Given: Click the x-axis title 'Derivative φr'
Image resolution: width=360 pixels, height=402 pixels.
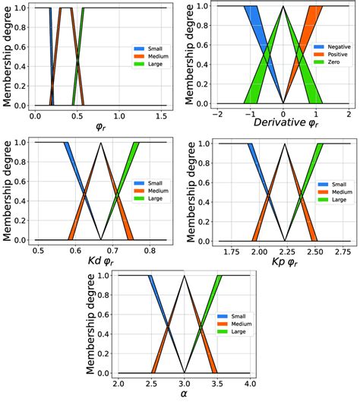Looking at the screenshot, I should (281, 124).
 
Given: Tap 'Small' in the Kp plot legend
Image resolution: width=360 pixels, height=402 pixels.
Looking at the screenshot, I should (328, 184).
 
